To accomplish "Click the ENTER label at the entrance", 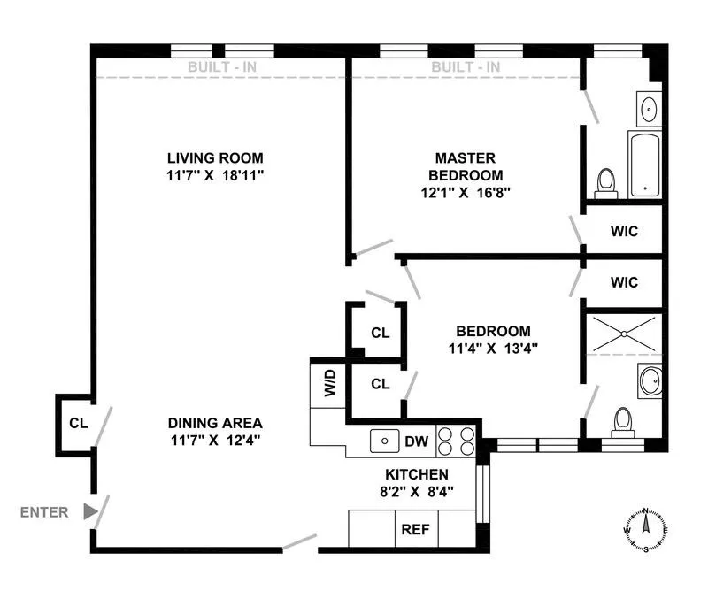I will pos(44,511).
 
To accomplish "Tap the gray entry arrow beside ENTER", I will pos(89,511).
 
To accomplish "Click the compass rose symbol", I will pos(646,529).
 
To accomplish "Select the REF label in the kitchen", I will pos(415,531).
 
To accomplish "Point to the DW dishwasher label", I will pos(416,440).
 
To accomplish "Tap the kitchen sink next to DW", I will pos(384,438).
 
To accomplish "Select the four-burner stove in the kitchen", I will pos(455,441).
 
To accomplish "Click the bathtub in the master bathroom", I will pos(644,165).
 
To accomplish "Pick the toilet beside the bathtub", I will pos(606,181).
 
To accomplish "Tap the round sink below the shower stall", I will pos(650,382).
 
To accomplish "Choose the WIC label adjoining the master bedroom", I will pos(624,232).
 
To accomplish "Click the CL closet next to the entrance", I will pos(78,423).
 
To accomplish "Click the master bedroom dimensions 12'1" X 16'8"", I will pos(466,191).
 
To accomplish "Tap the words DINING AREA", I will pos(216,422).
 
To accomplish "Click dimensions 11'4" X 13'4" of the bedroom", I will pos(493,348).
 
